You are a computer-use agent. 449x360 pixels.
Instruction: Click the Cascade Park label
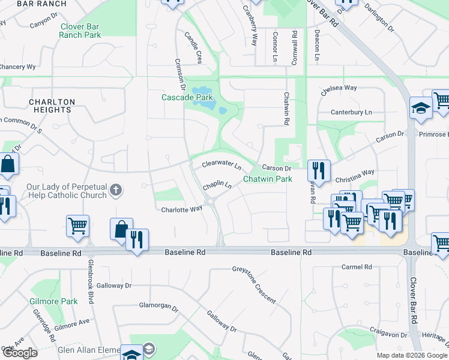click(187, 97)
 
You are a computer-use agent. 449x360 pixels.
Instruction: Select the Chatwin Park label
click(267, 179)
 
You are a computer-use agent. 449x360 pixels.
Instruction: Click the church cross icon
click(116, 191)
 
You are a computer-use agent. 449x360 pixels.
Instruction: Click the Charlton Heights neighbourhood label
click(52, 106)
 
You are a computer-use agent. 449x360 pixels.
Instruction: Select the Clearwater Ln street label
click(221, 164)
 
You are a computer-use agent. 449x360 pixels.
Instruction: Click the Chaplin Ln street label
click(217, 187)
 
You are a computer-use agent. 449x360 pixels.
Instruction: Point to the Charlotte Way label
click(182, 209)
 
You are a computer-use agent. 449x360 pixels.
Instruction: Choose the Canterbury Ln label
click(351, 112)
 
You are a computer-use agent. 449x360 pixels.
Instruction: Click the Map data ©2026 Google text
click(412, 355)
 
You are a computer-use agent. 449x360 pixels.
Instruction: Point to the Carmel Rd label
click(356, 266)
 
